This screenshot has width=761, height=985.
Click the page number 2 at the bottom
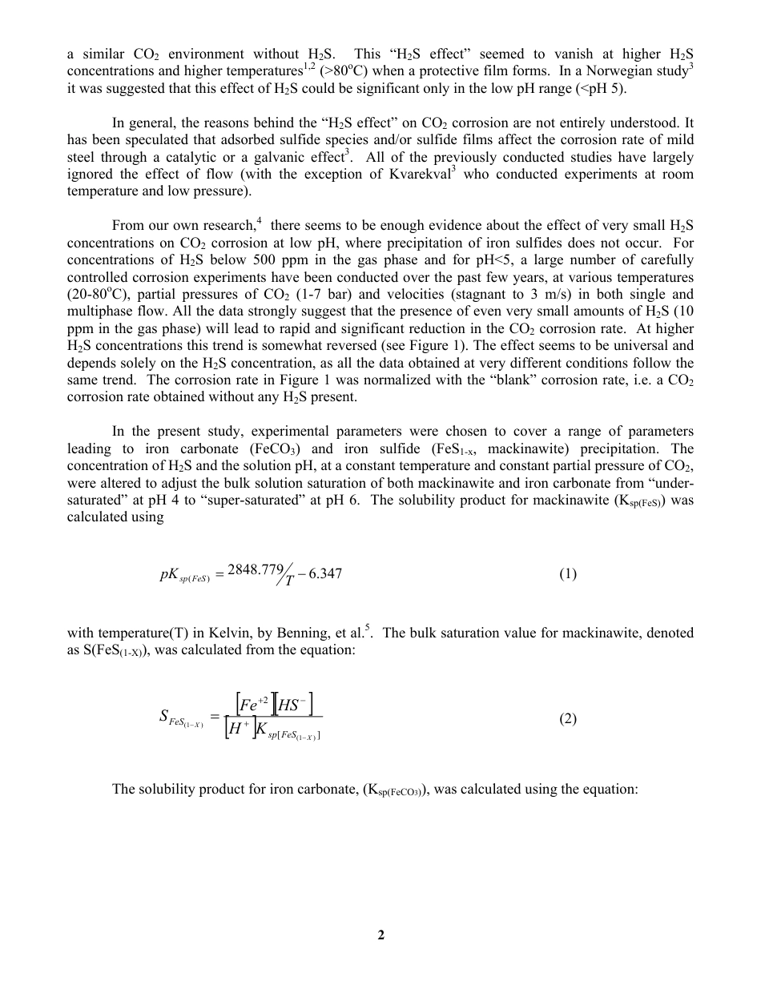click(x=381, y=935)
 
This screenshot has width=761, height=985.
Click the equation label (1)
click(x=568, y=573)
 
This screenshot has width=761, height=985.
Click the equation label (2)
click(x=568, y=718)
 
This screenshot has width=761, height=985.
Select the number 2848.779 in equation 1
click(x=256, y=569)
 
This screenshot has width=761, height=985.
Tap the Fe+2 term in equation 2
click(x=255, y=705)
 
